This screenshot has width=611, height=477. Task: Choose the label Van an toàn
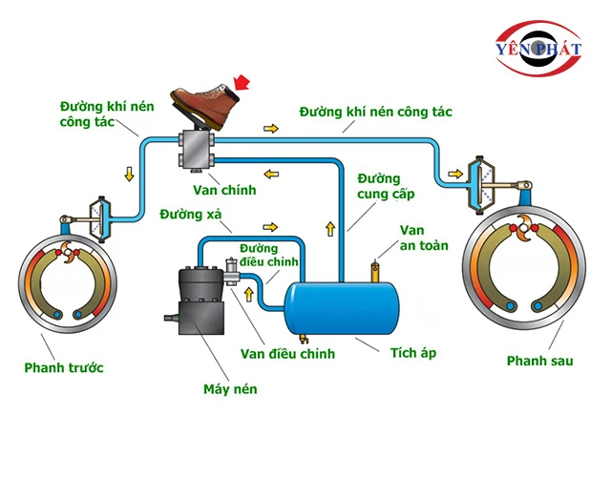click(411, 238)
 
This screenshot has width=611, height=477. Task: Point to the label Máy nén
click(230, 389)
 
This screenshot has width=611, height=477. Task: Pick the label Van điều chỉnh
click(287, 354)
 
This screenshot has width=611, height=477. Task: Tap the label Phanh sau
click(540, 362)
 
